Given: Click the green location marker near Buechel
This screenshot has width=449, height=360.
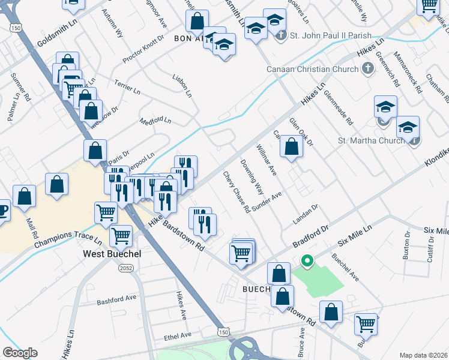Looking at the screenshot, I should point(307,261).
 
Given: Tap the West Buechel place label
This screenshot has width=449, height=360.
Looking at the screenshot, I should point(112,254).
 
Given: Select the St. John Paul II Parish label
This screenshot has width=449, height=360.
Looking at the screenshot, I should point(331,36).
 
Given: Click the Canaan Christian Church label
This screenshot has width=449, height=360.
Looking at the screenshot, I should point(313,69).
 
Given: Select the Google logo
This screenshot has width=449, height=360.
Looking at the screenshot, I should point(20,353).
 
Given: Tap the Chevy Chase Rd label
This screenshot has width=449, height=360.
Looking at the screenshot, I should point(237,193).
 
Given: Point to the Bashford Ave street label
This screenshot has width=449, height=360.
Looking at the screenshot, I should point(117,298).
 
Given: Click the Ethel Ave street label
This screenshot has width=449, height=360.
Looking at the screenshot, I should point(177,336).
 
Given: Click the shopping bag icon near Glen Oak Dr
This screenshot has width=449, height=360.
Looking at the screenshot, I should point(291,146).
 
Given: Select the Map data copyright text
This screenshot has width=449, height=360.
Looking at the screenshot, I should point(423,355).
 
